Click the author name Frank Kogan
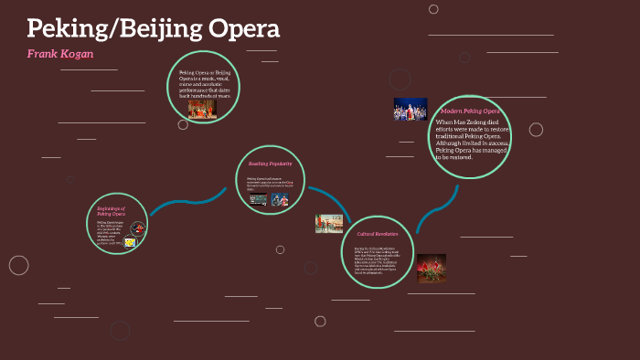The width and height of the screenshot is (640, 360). tap(60, 54)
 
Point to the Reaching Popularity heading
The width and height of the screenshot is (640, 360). tap(271, 164)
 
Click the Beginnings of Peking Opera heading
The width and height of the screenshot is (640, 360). tap(111, 212)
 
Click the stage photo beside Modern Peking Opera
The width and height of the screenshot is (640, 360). tap(411, 110)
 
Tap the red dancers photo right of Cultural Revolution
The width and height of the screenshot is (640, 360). tap(431, 268)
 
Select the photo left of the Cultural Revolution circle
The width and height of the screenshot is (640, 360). tap(329, 223)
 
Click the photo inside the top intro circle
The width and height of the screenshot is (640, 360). tap(202, 110)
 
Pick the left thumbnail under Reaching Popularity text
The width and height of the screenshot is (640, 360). tap(259, 200)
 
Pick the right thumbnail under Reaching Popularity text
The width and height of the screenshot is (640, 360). tap(280, 200)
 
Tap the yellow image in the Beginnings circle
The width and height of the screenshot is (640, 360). tap(130, 243)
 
